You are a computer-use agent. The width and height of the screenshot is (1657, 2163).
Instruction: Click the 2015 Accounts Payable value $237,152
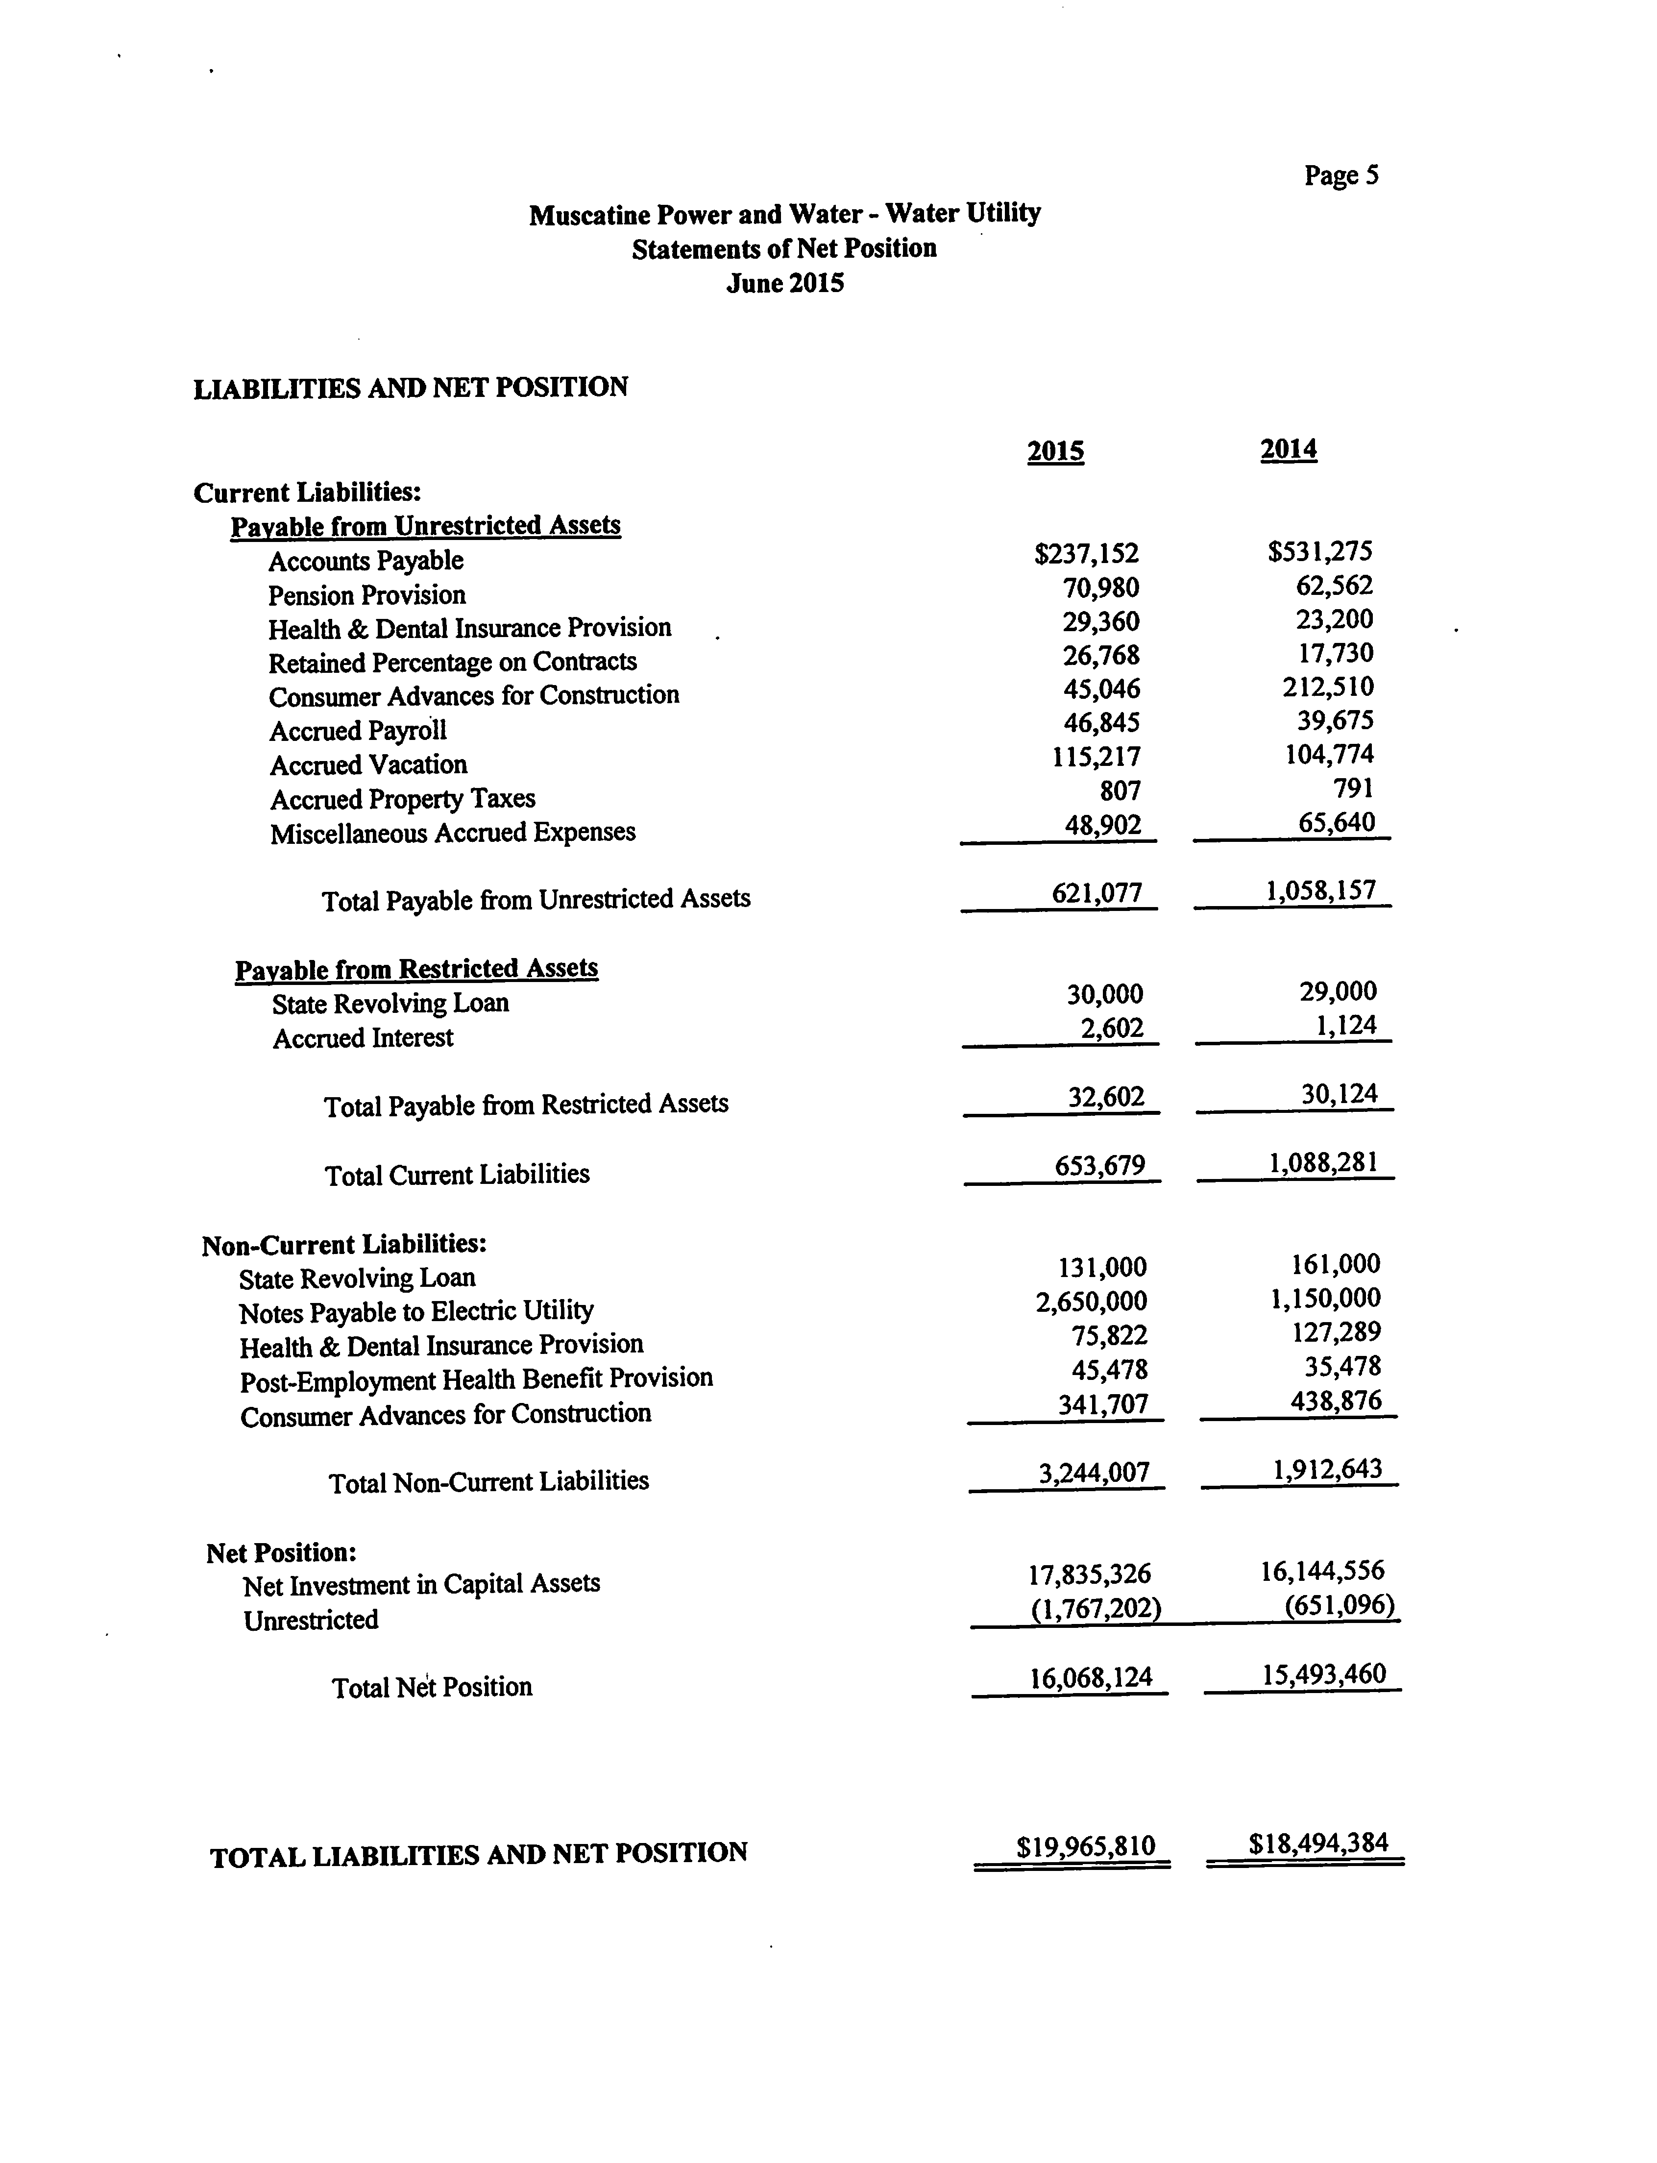1086,554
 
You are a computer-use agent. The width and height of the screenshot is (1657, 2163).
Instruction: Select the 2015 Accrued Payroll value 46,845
1101,723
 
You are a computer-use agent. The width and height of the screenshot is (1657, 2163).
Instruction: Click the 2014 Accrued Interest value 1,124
1345,1026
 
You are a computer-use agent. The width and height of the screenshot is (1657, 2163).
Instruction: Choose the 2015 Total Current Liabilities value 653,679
1100,1166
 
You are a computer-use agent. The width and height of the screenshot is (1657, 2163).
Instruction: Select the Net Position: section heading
281,1552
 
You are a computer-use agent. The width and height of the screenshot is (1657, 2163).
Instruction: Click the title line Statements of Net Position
784,248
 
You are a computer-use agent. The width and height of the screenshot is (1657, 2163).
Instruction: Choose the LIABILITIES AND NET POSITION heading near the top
410,388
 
